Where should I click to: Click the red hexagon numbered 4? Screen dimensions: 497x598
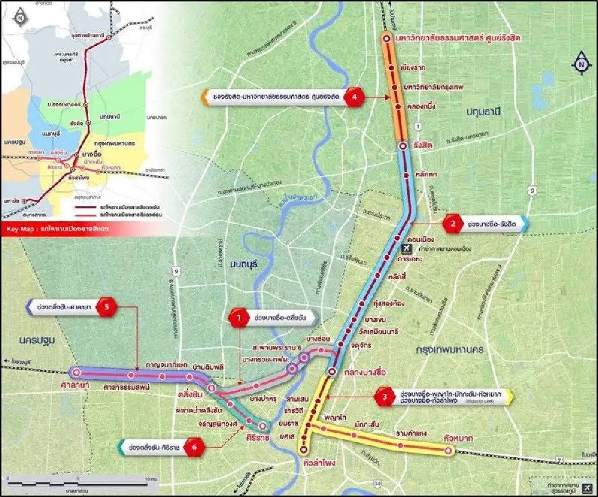[355, 97]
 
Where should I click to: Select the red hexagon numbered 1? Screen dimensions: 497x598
[239, 318]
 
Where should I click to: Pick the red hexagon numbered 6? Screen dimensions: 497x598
[194, 447]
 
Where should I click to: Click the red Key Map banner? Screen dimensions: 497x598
[57, 230]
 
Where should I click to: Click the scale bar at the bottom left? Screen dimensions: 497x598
[77, 483]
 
